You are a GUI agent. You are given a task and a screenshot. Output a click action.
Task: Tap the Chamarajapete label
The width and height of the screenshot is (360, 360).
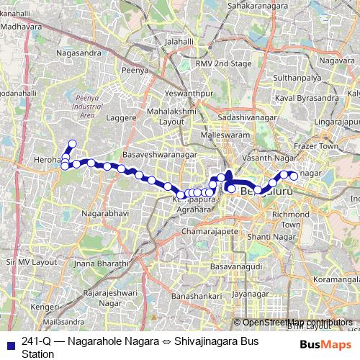point(209,232)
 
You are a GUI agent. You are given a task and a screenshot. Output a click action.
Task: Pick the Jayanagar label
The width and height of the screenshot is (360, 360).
point(250,294)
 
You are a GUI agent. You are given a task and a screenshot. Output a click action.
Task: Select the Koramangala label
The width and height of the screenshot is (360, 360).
point(335,277)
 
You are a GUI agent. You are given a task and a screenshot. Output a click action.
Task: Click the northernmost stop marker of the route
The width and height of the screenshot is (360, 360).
point(72,143)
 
